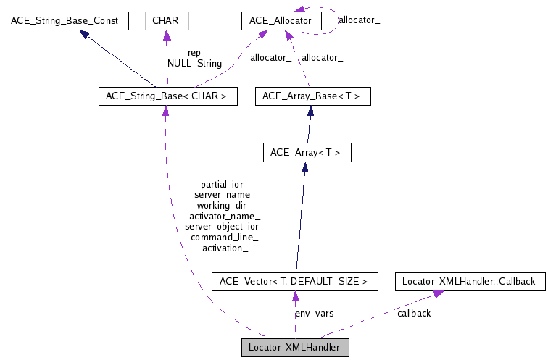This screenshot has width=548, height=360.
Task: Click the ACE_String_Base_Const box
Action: click(66, 21)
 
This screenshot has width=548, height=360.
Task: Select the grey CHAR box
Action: click(167, 21)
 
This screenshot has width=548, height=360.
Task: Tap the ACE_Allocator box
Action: click(282, 21)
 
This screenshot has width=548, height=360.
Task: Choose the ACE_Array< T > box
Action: click(305, 153)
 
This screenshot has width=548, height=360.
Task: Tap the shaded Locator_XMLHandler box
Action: click(295, 347)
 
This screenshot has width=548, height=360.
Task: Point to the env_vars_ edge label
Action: click(317, 314)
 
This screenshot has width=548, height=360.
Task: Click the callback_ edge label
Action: click(417, 314)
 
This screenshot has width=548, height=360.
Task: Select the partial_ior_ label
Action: click(225, 185)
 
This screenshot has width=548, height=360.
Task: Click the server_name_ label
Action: click(225, 195)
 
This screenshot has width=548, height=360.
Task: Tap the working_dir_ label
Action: click(225, 206)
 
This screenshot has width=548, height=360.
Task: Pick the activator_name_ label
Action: click(225, 216)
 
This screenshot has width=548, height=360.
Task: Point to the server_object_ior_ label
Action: click(225, 227)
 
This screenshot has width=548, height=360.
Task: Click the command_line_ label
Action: click(225, 237)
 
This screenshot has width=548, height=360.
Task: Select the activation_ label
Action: click(225, 248)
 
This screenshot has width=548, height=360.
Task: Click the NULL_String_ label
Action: click(197, 63)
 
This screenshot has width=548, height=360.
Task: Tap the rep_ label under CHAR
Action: click(197, 53)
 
